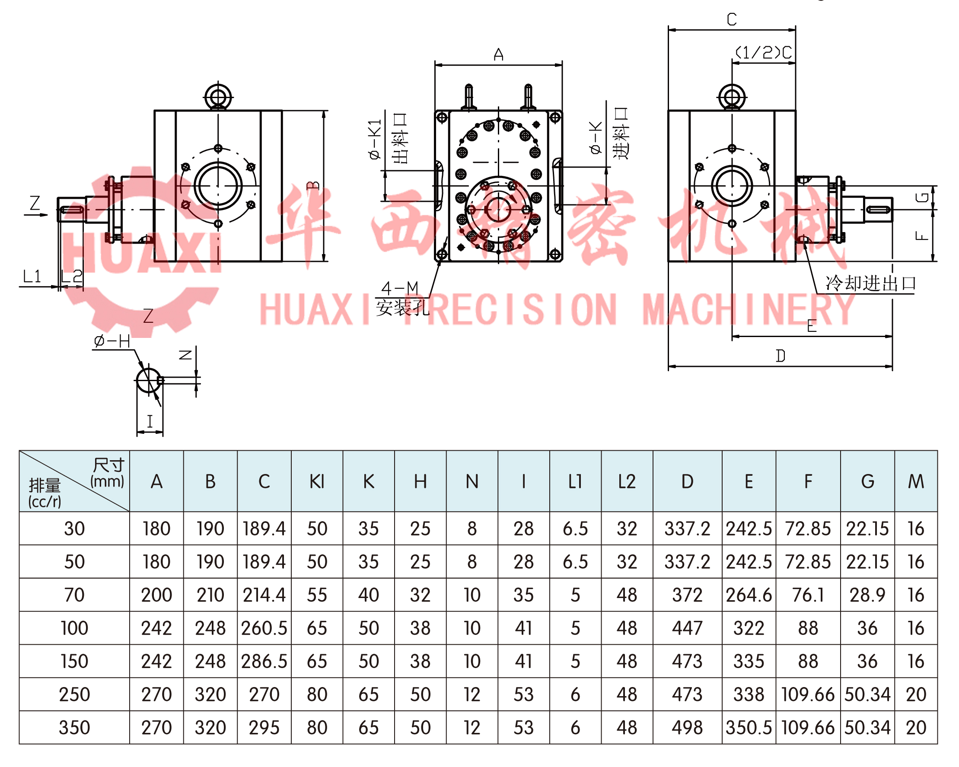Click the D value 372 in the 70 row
[x=687, y=595]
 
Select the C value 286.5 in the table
[x=264, y=661]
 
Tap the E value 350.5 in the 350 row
[x=749, y=727]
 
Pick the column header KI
[x=317, y=481]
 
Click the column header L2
[x=627, y=481]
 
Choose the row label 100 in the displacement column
[x=74, y=628]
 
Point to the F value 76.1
[x=808, y=595]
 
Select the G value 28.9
[x=867, y=595]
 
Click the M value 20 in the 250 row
[x=916, y=694]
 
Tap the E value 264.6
[x=749, y=595]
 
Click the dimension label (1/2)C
[x=763, y=53]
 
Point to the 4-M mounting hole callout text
[x=400, y=289]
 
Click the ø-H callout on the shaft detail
[x=112, y=341]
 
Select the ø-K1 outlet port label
[x=375, y=139]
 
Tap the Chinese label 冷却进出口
[x=870, y=283]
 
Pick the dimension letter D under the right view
[x=780, y=356]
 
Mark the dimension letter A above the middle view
[x=498, y=55]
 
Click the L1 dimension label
[x=32, y=277]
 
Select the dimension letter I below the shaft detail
[x=150, y=421]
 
